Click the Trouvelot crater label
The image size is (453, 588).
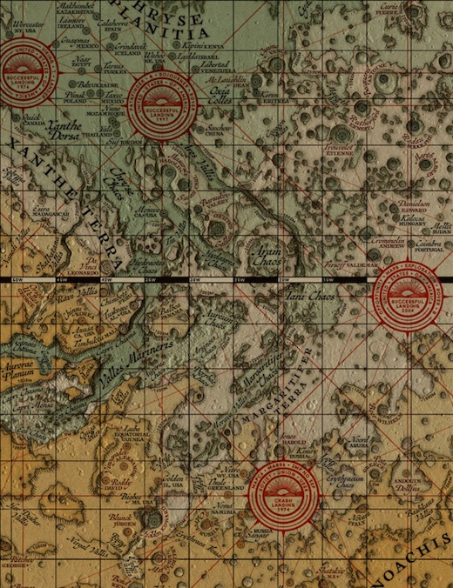(337, 148)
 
